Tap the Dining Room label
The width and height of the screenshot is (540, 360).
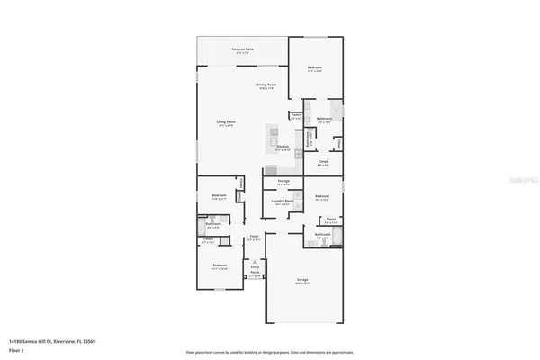267,85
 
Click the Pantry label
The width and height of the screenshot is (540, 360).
296,115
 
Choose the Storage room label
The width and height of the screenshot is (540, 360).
283,182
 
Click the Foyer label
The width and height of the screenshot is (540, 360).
254,239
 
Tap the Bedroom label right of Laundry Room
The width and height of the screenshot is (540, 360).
322,197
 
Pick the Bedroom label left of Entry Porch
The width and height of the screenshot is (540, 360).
220,266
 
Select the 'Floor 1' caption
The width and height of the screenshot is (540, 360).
15,350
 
